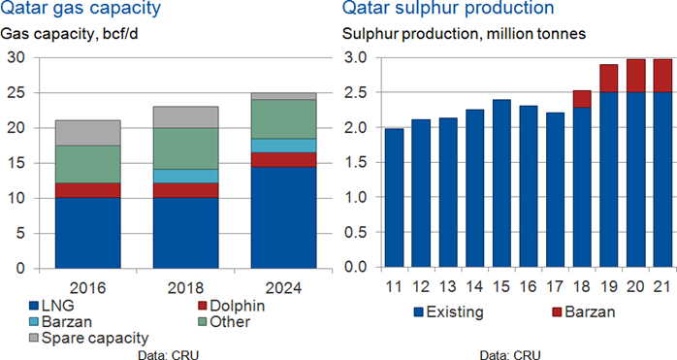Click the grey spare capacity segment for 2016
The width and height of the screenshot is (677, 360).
[x=87, y=133]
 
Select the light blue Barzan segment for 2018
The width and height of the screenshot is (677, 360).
[x=185, y=176]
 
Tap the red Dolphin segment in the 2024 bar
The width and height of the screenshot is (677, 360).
[x=283, y=160]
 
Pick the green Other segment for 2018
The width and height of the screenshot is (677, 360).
[x=185, y=148]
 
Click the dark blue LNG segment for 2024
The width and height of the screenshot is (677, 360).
[x=283, y=217]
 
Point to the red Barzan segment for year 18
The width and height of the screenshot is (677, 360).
[x=582, y=99]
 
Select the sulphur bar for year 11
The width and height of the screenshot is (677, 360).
[x=394, y=198]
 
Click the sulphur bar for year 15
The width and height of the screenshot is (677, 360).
[x=501, y=183]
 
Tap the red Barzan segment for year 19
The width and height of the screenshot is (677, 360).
[x=609, y=79]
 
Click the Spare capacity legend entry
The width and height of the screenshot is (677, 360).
[x=88, y=338]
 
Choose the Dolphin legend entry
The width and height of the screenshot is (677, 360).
[x=231, y=306]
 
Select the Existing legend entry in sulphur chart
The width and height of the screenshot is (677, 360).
[x=448, y=311]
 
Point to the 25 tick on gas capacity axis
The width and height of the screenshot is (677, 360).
[x=19, y=93]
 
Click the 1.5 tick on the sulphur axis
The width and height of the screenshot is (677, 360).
[x=356, y=162]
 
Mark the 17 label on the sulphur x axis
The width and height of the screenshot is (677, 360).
[x=555, y=286]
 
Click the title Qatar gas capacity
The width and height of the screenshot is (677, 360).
[x=81, y=8]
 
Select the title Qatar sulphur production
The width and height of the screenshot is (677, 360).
[x=448, y=8]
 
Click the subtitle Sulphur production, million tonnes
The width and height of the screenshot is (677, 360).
[x=465, y=34]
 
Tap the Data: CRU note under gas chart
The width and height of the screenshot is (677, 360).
[x=169, y=355]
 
